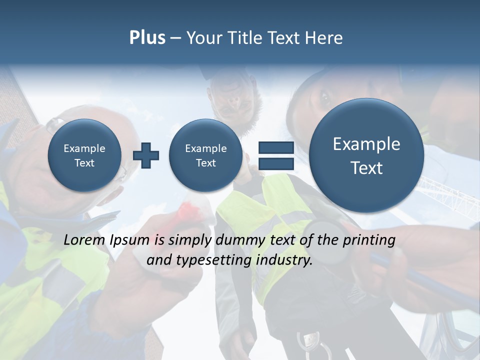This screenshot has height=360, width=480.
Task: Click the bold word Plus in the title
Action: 147,38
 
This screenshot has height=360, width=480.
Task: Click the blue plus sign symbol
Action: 146,155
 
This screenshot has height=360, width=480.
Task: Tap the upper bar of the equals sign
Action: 276,147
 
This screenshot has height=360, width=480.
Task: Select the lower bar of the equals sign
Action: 276,164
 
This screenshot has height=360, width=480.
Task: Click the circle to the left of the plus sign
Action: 84,155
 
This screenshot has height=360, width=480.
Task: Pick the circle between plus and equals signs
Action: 206,155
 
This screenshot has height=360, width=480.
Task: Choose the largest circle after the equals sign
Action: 366,155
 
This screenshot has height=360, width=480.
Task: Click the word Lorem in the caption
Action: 85,240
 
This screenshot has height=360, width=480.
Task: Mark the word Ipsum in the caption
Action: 129,240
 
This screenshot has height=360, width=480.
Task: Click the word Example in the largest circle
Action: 366,144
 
